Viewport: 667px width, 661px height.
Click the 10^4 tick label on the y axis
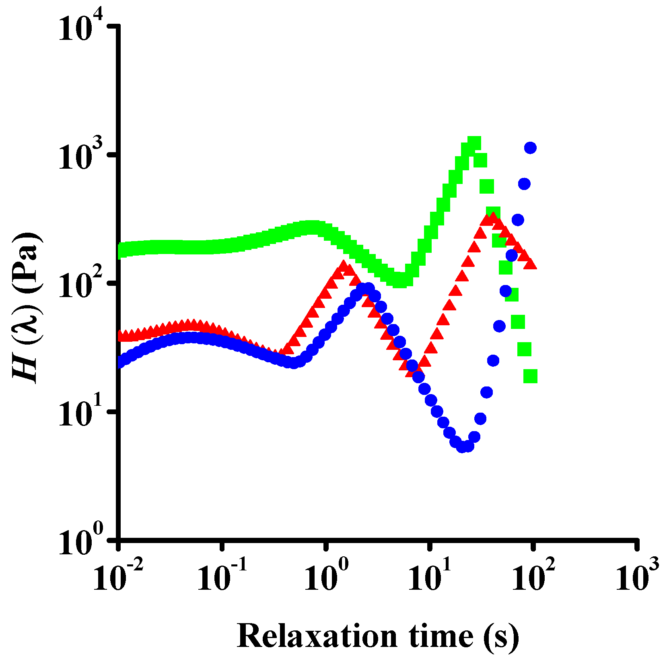pos(80,28)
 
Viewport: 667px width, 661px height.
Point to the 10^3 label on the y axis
pos(80,157)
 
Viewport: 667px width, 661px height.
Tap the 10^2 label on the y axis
pos(80,285)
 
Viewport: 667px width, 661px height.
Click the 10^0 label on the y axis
pos(80,541)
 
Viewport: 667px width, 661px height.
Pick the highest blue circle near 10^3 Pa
pos(530,148)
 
